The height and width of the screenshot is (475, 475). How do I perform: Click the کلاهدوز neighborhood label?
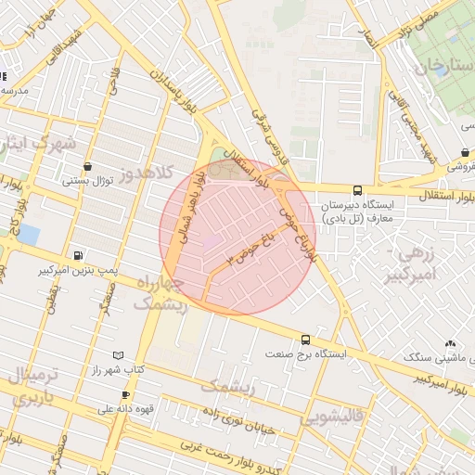coord(149,173)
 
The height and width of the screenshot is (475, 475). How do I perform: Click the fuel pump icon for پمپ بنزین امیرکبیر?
coord(78,255)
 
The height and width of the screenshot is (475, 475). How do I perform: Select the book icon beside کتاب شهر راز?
coord(117,355)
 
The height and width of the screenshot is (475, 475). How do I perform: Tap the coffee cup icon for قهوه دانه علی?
coord(125,395)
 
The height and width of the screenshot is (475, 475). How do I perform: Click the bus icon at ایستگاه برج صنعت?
coord(305,340)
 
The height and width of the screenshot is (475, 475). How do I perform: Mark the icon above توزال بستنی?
coord(87,167)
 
